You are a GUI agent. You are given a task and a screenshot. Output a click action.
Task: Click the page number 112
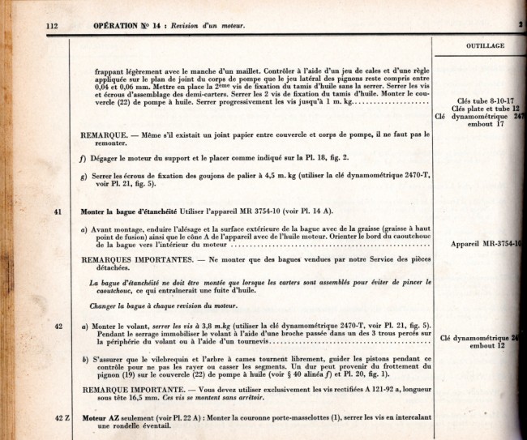[53, 27]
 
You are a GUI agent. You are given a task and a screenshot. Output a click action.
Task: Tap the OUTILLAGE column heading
[485, 45]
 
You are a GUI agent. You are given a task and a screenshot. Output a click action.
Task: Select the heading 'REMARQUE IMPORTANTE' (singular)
[128, 389]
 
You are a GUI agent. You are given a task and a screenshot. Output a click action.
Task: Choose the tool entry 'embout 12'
[486, 345]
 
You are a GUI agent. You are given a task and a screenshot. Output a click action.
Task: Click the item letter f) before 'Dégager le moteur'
[84, 158]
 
